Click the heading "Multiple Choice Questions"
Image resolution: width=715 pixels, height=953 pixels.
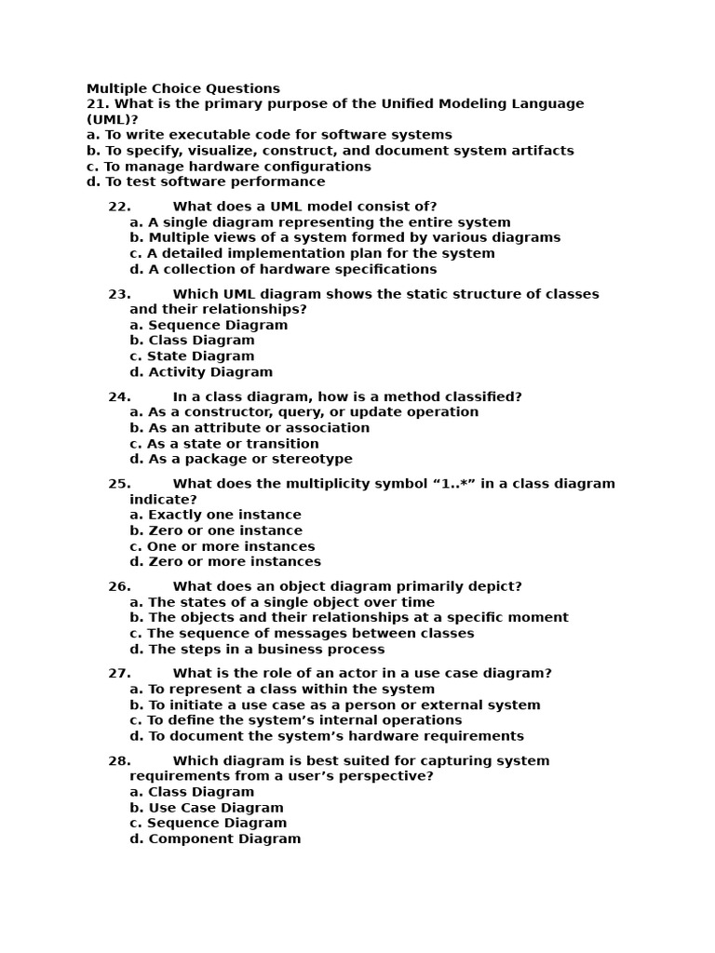point(183,88)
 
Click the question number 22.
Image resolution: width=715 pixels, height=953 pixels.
point(119,207)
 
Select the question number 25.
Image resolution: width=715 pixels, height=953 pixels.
point(119,484)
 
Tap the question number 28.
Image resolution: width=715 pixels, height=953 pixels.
point(119,761)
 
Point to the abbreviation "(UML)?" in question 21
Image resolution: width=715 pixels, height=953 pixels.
point(113,119)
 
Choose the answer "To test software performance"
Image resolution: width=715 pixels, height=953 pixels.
point(206,181)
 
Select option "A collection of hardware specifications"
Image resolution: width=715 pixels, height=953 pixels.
point(283,269)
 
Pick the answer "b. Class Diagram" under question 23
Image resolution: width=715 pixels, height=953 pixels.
point(192,341)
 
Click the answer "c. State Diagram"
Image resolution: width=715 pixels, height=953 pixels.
point(192,356)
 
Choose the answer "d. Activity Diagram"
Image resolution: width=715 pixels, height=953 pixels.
point(201,372)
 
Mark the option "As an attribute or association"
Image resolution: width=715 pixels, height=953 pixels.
point(250,428)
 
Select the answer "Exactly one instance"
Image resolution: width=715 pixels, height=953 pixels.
point(215,515)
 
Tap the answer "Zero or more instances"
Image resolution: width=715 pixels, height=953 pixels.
point(225,562)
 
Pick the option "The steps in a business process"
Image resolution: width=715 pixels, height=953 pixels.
point(257,650)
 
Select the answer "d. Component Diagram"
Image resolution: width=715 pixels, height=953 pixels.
point(215,839)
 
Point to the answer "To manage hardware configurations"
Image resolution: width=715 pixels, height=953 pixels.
point(229,167)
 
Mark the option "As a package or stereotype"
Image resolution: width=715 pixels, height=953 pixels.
point(241,459)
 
